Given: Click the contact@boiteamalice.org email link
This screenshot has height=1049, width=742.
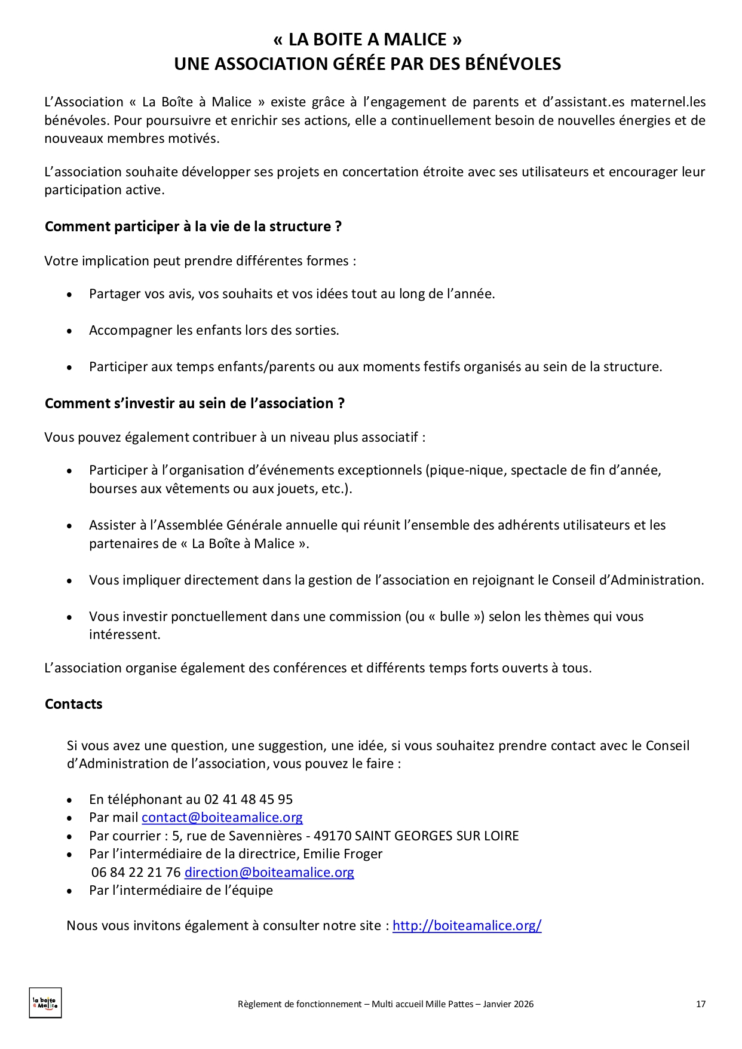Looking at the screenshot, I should pyautogui.click(x=222, y=817).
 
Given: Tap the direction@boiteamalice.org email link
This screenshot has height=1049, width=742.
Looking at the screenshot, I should pyautogui.click(x=269, y=872).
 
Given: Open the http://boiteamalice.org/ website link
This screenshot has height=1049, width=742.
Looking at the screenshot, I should pyautogui.click(x=467, y=925).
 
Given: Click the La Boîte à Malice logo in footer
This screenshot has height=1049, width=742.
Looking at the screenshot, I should pyautogui.click(x=45, y=1002).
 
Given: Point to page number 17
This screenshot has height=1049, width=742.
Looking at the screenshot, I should pyautogui.click(x=701, y=1004).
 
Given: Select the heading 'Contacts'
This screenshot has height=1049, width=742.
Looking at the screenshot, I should pyautogui.click(x=73, y=704).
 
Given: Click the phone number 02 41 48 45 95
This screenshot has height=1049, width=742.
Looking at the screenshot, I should pyautogui.click(x=249, y=799).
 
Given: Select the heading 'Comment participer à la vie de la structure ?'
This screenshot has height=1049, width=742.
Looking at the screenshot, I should pyautogui.click(x=193, y=227).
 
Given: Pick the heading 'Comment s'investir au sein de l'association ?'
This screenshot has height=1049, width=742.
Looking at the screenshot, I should pyautogui.click(x=195, y=403).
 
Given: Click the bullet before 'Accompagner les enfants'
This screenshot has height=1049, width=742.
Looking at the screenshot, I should pyautogui.click(x=70, y=331).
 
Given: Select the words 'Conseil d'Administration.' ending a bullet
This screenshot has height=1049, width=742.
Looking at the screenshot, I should pyautogui.click(x=627, y=580).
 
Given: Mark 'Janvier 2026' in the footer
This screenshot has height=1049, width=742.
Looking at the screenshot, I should pyautogui.click(x=508, y=1004).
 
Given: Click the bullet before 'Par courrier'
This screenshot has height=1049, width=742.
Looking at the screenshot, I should pyautogui.click(x=70, y=837).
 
